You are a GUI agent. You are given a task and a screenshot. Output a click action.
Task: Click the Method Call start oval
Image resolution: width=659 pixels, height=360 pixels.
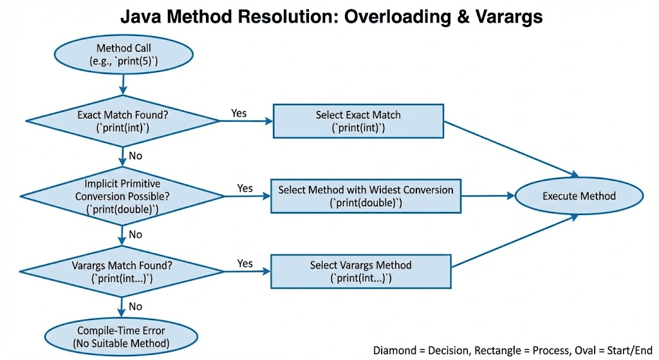[x=122, y=55]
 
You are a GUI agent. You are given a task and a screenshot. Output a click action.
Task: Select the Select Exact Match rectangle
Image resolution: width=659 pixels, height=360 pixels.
[x=358, y=121]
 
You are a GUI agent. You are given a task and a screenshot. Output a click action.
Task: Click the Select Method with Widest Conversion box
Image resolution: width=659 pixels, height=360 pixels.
[x=366, y=196]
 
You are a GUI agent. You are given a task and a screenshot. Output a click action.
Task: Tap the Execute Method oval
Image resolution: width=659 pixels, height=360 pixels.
[x=579, y=196]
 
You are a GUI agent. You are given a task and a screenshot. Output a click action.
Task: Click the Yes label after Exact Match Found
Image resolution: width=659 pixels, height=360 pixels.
[x=239, y=113]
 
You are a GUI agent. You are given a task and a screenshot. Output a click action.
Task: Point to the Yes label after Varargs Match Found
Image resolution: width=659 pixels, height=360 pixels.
[x=245, y=263]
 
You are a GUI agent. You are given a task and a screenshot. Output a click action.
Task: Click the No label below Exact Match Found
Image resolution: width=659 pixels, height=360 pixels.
[x=135, y=156]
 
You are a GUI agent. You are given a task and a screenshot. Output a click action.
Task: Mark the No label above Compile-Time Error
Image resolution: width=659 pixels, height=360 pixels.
[x=135, y=307]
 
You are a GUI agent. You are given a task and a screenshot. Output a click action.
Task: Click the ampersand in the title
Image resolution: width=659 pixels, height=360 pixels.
[x=451, y=17]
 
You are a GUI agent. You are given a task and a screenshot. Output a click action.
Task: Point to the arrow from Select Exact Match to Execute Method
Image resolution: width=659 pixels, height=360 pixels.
[x=508, y=147]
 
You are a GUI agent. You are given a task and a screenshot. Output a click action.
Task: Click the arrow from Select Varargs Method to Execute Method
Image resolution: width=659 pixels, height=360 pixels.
[x=515, y=242]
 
